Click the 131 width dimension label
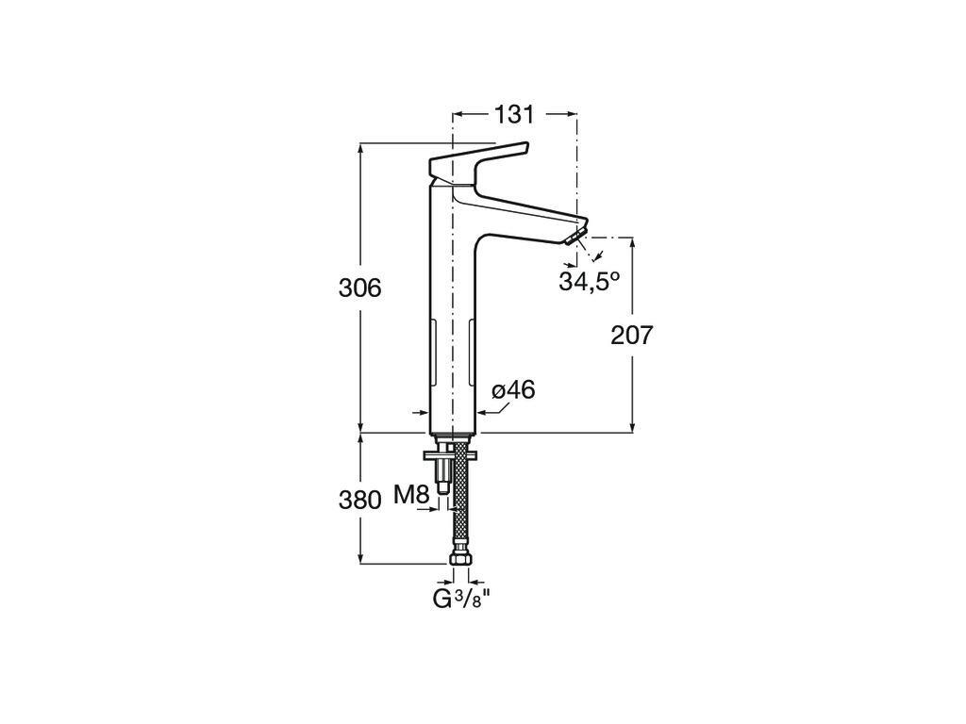coord(514,114)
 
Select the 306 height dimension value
coord(359,288)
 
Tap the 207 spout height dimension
coord(631,335)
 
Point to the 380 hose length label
coord(359,500)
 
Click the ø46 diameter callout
coord(514,389)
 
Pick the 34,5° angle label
coord(589,281)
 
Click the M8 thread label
coord(411,494)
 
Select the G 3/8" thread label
coord(461,599)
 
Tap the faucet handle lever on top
coord(477,163)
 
